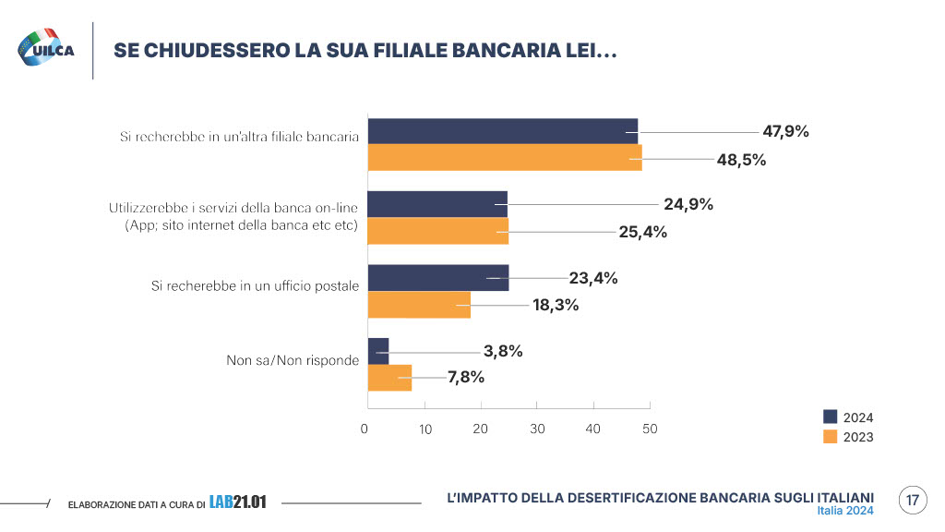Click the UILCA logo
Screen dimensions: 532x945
point(46,49)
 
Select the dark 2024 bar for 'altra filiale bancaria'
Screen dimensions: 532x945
point(502,131)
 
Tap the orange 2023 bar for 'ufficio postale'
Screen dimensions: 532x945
point(419,305)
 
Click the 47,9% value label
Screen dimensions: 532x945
point(785,131)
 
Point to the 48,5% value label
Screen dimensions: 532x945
point(742,159)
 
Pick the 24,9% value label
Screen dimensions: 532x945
point(688,204)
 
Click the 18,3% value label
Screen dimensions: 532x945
point(556,305)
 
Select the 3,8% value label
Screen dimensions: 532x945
point(503,351)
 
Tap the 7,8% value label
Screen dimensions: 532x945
point(466,377)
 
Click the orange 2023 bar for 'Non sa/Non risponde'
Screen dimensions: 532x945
point(389,377)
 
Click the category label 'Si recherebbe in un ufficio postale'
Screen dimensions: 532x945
point(255,286)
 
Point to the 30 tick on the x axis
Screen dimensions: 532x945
point(538,429)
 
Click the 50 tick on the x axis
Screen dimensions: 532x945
point(650,429)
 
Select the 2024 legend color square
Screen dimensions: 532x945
point(830,417)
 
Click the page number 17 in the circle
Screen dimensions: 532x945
point(912,501)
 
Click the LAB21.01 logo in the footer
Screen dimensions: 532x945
point(238,502)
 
